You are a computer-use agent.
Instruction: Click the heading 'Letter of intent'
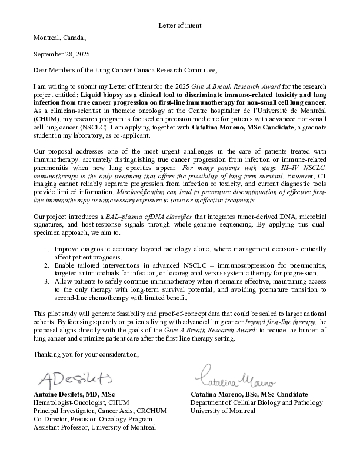180,25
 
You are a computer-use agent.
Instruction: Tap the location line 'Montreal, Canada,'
60,38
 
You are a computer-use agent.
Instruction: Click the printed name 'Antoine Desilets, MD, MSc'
74,394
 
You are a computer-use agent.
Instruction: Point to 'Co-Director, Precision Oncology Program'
93,419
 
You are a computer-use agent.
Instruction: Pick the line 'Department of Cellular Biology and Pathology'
256,402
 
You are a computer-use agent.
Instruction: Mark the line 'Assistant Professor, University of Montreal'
95,427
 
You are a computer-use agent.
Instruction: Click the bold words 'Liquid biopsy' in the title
101,94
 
